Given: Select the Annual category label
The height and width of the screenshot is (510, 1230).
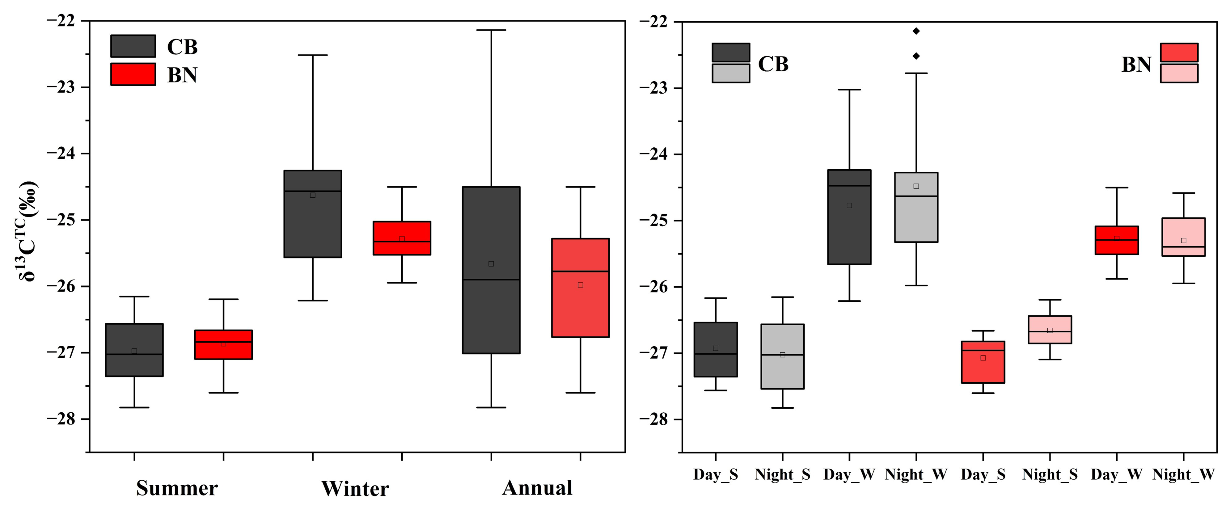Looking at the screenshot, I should (537, 487).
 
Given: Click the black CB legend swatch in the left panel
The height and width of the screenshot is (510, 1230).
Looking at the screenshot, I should (133, 46).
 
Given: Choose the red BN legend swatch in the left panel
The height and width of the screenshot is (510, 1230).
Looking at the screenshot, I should (133, 74).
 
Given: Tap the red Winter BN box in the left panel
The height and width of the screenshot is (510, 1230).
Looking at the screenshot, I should (402, 238).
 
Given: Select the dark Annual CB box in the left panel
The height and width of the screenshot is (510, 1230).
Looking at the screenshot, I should (491, 270).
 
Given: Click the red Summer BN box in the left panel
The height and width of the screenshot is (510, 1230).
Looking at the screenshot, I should (223, 344).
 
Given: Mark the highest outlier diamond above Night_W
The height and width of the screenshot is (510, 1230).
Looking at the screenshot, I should (916, 31).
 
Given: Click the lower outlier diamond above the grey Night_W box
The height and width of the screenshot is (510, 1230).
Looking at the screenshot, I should (916, 56).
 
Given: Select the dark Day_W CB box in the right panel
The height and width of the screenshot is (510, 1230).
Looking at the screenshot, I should (849, 217).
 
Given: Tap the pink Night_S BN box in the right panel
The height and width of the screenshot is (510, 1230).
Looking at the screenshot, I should (1050, 330).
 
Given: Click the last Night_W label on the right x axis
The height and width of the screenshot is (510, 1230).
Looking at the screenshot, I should (1183, 475).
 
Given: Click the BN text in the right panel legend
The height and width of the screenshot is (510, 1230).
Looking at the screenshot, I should (1136, 65).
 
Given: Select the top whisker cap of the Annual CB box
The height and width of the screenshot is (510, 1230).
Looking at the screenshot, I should (491, 30).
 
